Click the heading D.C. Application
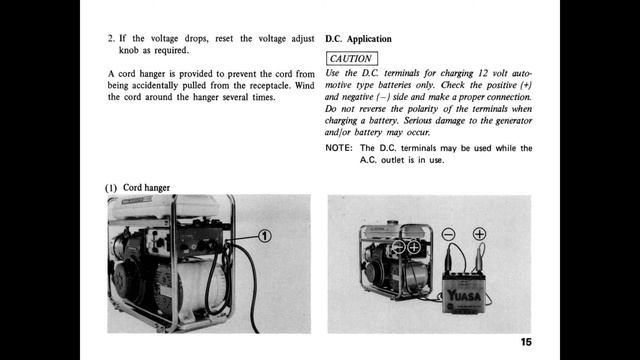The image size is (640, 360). [358, 39]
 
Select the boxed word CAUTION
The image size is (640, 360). [350, 59]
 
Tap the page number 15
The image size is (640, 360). [526, 342]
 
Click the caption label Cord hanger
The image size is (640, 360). [146, 188]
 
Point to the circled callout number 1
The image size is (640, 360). [265, 237]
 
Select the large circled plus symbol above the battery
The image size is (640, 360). [479, 235]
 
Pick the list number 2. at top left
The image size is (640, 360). [112, 39]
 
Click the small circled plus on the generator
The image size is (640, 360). [413, 246]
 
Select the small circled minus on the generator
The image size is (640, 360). [398, 246]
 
